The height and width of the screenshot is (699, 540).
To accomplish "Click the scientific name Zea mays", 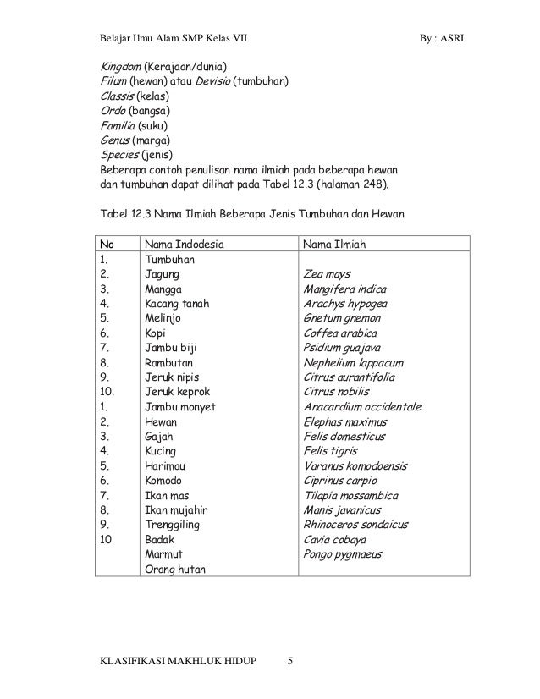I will point(326,274).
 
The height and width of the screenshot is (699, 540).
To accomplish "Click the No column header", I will point(107,245).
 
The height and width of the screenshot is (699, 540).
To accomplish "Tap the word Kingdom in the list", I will point(118,67).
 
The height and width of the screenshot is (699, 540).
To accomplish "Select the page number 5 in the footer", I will point(289,661).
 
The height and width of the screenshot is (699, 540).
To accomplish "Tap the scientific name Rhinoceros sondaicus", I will point(359,525).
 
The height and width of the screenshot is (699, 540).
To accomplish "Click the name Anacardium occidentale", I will point(361,406).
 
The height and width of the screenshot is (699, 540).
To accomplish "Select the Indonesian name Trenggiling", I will point(176,525).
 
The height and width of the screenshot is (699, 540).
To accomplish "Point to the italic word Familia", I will point(118,126).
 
